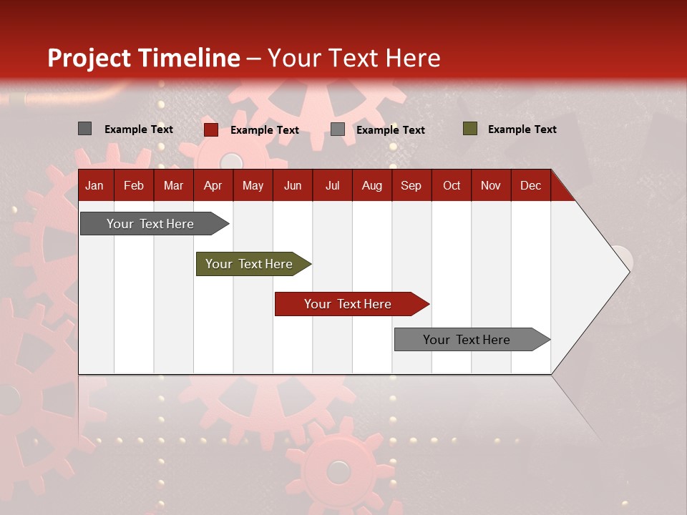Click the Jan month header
tap(94, 186)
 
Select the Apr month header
tap(213, 186)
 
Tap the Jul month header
tap(332, 186)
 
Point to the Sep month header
tap(411, 186)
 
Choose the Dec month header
tap(530, 186)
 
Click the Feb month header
tap(134, 186)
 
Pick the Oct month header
tap(452, 186)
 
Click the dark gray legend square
tap(84, 129)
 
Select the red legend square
tap(210, 129)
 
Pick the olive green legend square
tap(469, 129)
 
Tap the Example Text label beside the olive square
tap(522, 129)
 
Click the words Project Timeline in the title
tap(144, 58)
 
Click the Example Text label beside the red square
tap(264, 130)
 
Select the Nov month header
tap(491, 186)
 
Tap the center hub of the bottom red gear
tap(338, 471)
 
